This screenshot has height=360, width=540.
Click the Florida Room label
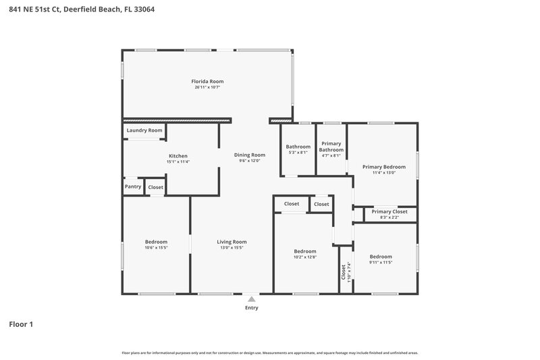pos(207,81)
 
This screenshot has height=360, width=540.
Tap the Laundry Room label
pos(144,130)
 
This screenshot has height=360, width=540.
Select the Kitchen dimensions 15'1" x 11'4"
pos(178,162)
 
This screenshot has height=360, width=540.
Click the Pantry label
pos(133,186)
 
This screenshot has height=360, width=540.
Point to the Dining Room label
pos(249,155)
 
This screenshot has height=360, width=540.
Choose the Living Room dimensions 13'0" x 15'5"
pos(232,248)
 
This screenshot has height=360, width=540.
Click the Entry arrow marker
pos(251,298)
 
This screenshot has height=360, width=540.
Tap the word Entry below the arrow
pos(251,308)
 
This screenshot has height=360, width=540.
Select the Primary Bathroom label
pos(331,147)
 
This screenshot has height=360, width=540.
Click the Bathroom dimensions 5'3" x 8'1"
pos(298,153)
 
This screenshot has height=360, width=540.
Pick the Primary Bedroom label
pos(383,167)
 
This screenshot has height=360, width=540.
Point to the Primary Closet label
pos(389,211)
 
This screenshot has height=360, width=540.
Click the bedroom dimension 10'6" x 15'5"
pos(156,248)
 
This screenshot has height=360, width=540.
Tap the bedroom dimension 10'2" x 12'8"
pos(305,257)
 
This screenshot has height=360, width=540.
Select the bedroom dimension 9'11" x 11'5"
pos(381,262)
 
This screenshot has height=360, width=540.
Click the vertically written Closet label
pos(344,272)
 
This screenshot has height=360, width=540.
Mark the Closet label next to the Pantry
pos(155,186)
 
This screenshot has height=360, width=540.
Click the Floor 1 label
pos(21,324)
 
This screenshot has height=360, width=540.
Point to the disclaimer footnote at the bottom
pos(269,353)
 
